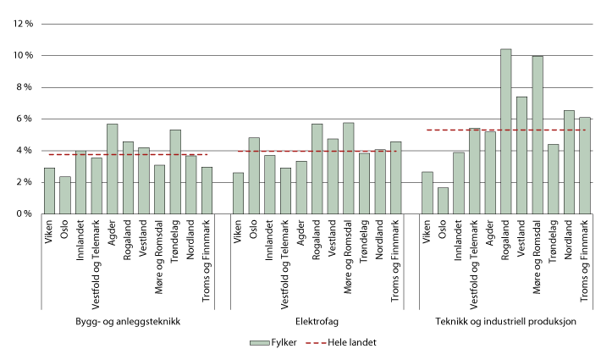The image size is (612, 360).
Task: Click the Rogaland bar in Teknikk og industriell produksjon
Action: point(505,131)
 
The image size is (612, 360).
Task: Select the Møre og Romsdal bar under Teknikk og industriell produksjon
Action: point(538,135)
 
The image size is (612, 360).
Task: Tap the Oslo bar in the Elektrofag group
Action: point(254,175)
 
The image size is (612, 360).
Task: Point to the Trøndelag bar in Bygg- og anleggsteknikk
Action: point(176,171)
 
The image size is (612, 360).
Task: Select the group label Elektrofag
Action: point(317,321)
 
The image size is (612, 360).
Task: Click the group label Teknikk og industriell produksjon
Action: point(506,321)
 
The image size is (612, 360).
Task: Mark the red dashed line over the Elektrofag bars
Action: point(317,151)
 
